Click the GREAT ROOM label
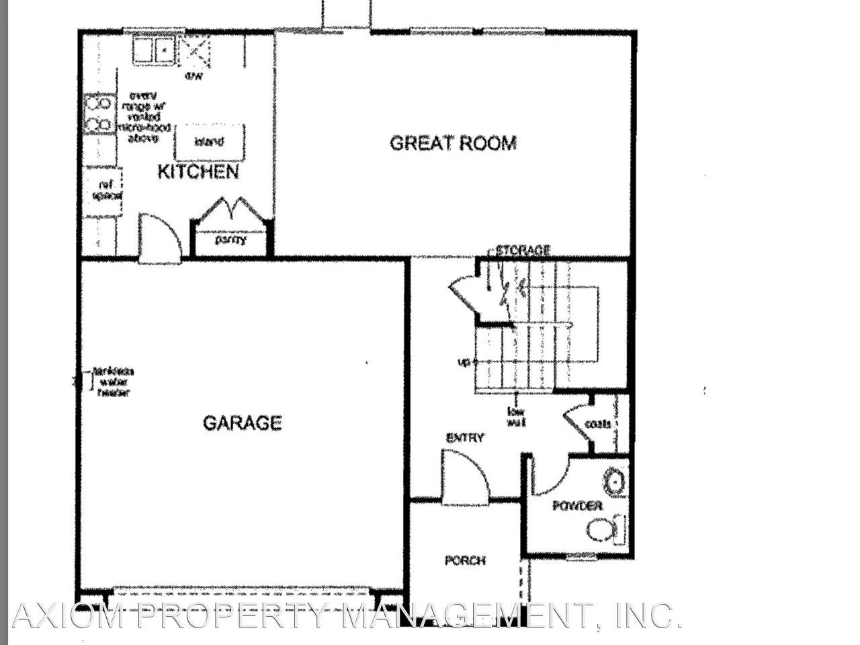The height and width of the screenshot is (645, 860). point(453,143)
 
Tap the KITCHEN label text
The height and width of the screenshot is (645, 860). point(198,172)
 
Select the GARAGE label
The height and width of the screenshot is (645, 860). point(242,423)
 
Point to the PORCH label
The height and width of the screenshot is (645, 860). point(465,560)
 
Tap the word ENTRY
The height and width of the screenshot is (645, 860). point(465,438)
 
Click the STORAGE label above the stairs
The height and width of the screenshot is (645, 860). point(523,251)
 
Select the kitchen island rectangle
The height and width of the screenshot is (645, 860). point(210,142)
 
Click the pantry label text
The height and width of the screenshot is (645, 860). point(230,239)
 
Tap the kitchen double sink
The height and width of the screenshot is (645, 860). point(153,49)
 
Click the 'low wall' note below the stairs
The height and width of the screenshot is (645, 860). point(516,417)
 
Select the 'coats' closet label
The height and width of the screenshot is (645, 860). point(597,424)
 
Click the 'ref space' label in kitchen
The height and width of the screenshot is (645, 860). point(106,191)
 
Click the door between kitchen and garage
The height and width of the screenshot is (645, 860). point(160,239)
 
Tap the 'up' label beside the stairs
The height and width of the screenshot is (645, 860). point(464,363)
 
